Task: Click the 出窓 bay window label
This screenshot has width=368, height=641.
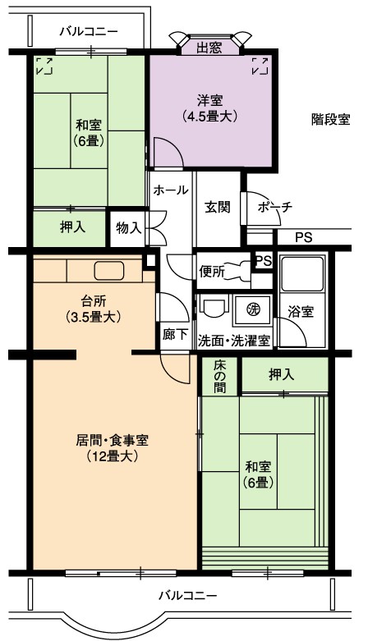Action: [209, 48]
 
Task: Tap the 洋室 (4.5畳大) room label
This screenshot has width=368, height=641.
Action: [210, 108]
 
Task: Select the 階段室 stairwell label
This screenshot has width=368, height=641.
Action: [331, 120]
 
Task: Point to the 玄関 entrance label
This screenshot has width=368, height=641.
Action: [218, 208]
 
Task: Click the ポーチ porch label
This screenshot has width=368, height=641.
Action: [275, 207]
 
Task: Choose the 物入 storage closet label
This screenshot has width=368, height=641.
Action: [128, 228]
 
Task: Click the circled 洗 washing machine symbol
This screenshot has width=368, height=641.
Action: [252, 309]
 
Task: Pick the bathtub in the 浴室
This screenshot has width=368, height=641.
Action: [302, 273]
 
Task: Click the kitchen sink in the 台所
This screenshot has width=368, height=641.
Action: [109, 271]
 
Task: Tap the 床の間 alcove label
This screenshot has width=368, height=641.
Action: [220, 376]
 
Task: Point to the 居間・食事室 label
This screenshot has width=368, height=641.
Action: [112, 440]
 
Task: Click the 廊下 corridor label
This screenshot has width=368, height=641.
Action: [175, 334]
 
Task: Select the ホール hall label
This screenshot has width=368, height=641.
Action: [171, 190]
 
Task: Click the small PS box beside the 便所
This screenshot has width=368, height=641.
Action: [263, 261]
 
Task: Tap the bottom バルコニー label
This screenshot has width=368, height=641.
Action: [188, 595]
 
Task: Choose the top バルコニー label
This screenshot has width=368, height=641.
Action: [89, 31]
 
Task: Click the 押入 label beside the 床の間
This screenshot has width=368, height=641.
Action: [281, 375]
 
